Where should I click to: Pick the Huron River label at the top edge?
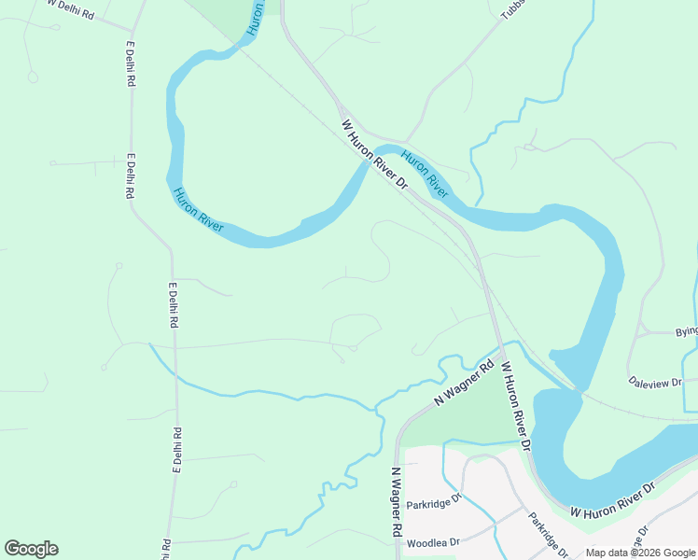255,19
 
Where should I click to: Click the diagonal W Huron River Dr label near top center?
375,154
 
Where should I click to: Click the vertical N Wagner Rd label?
397,501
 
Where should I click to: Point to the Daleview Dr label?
655,382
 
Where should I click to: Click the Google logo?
31,549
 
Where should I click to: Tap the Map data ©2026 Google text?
640,553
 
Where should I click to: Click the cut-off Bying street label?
686,331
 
